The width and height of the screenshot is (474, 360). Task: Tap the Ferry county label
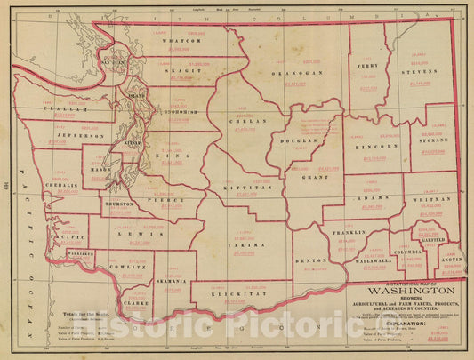[366, 65]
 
